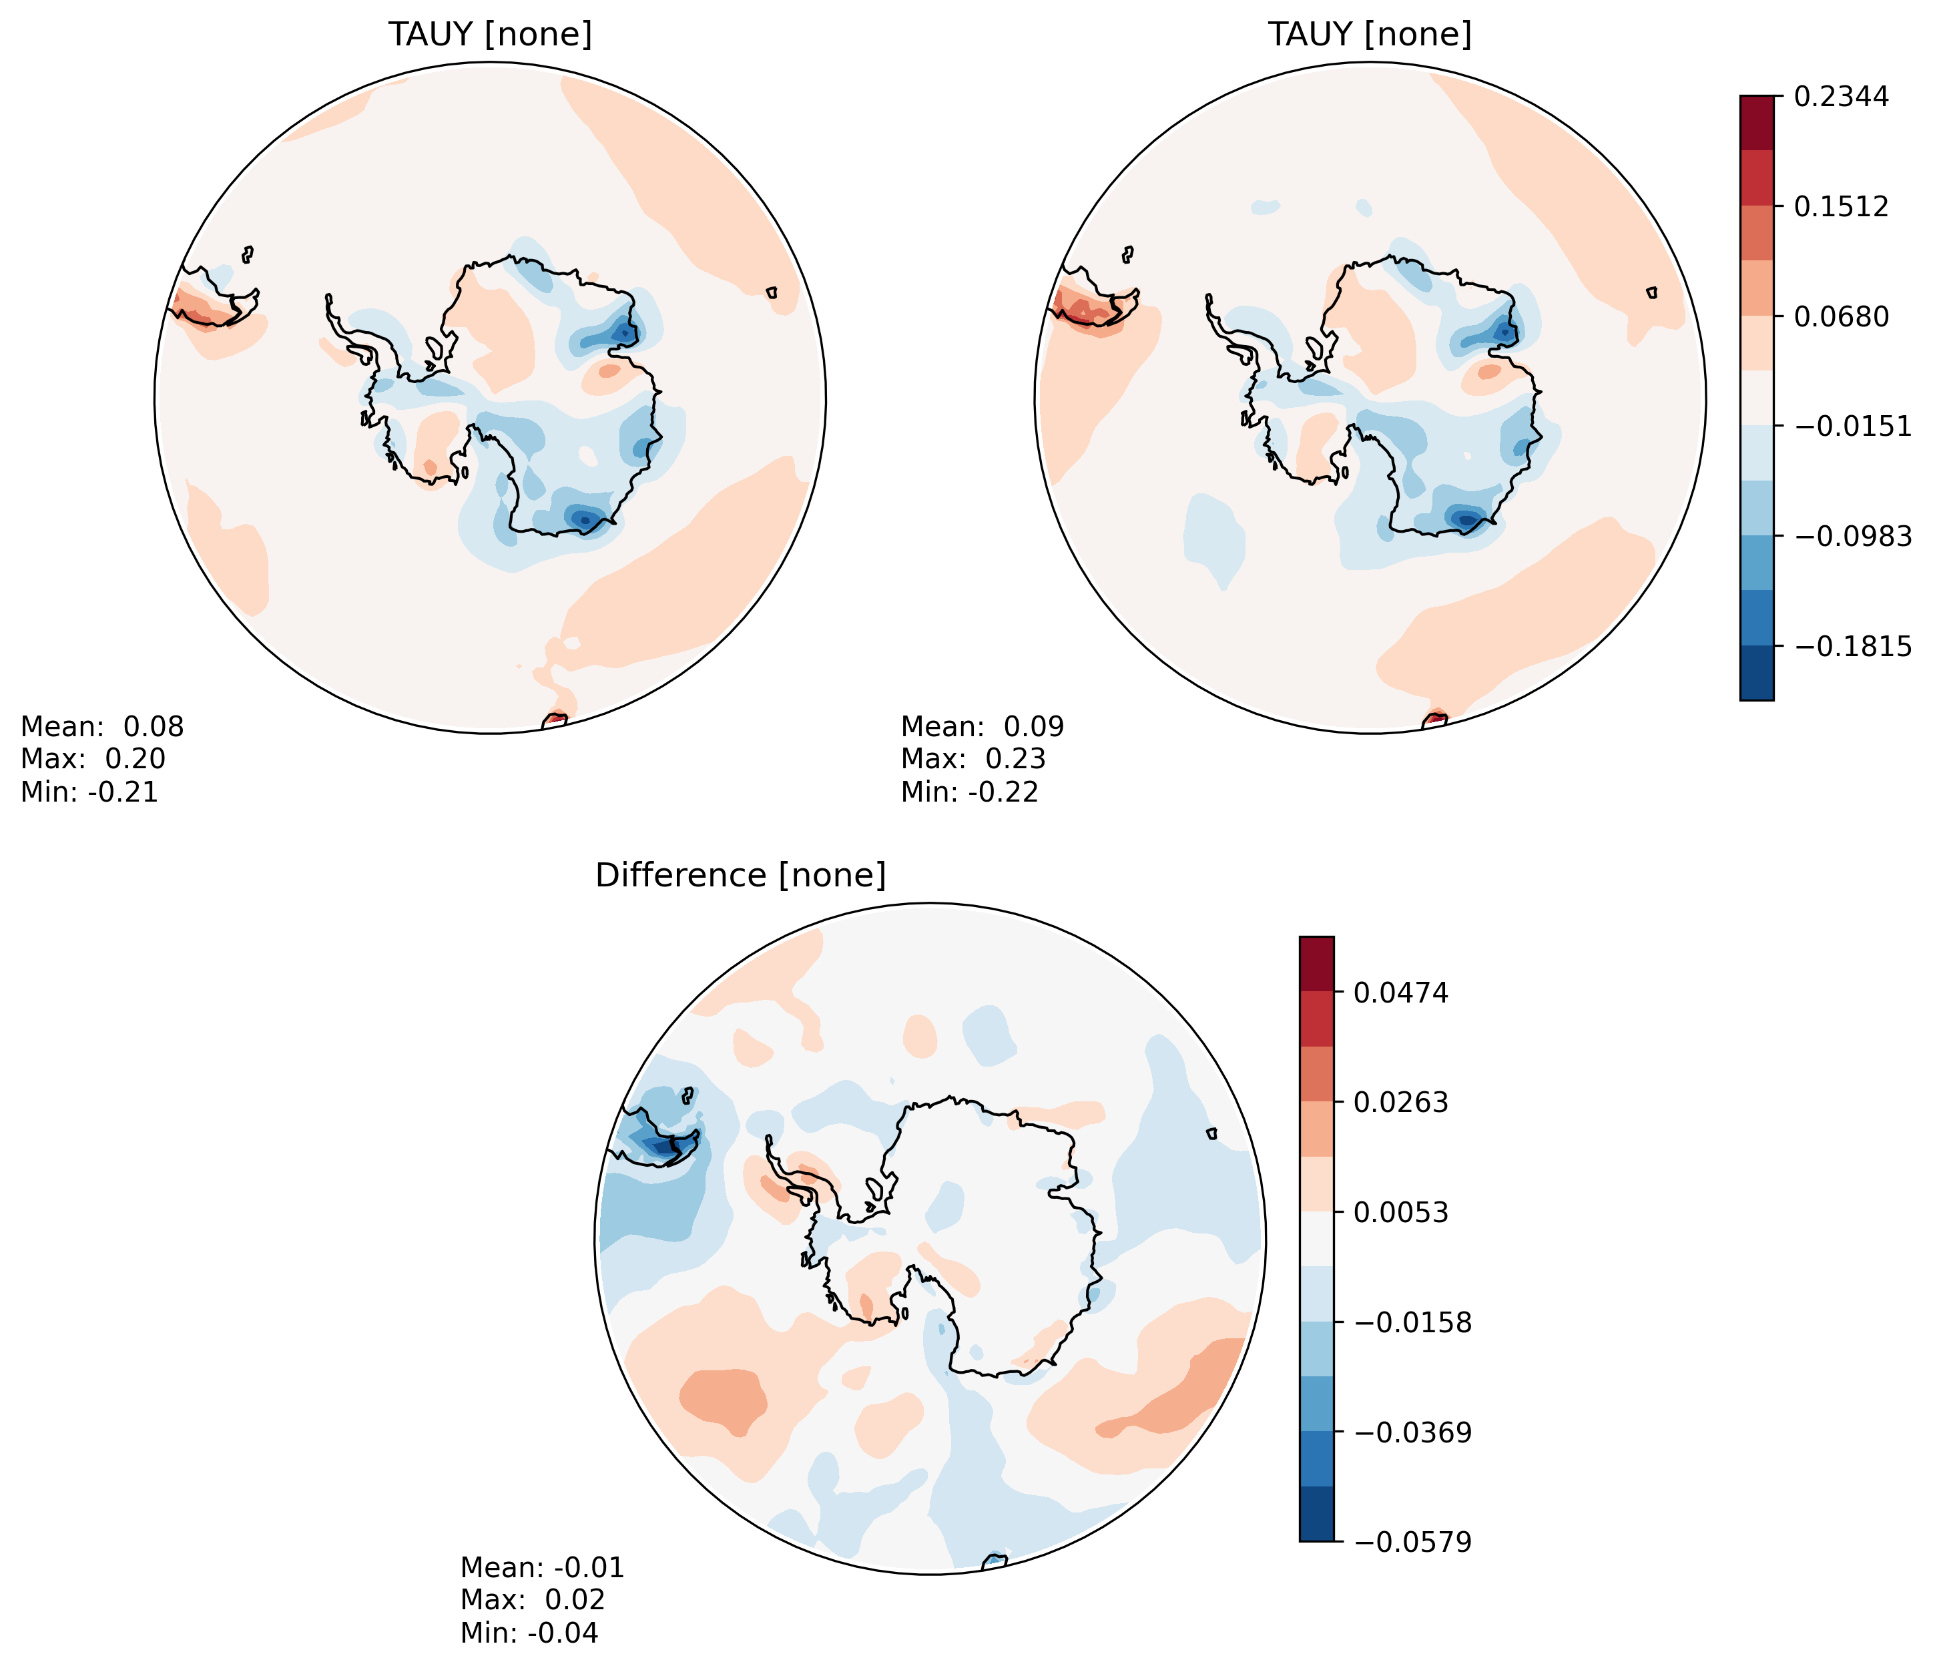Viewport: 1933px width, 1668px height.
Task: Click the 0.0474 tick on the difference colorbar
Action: (x=1400, y=993)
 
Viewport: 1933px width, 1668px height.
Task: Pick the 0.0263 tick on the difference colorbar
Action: (x=1400, y=1103)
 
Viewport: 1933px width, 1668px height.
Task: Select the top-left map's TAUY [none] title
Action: (x=490, y=35)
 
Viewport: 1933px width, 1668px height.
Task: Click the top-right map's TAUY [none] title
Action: (x=1370, y=35)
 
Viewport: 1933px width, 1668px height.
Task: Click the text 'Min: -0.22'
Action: (x=969, y=793)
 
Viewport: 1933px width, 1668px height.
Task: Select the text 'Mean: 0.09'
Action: (x=983, y=727)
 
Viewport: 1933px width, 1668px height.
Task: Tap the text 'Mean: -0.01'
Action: (x=542, y=1567)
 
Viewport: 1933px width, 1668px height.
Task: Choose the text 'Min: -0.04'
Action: (x=529, y=1633)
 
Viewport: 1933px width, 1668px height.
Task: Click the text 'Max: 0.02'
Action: (x=533, y=1600)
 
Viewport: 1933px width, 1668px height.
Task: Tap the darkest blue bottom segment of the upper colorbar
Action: (x=1757, y=673)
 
